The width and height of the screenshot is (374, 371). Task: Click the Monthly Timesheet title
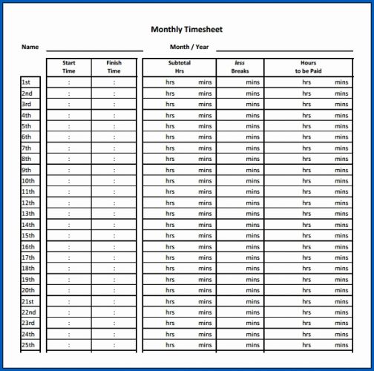186,30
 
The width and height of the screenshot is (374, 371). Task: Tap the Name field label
30,47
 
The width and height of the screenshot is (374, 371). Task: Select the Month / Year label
189,47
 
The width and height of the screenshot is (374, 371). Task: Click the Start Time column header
69,67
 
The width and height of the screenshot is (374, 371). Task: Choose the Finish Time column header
114,67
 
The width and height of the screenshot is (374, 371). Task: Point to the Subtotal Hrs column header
179,67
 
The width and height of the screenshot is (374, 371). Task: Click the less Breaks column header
240,67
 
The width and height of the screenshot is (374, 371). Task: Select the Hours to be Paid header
308,67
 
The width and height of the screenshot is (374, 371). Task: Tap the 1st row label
26,82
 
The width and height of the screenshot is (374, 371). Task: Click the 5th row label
26,126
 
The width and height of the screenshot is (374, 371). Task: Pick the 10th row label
27,181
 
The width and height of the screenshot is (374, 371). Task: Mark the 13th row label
27,214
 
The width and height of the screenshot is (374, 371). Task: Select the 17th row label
27,257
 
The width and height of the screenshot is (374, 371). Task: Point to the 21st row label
27,301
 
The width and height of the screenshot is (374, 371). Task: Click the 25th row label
27,345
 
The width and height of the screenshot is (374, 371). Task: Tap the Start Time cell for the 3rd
69,105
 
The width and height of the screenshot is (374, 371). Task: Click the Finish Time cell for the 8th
114,159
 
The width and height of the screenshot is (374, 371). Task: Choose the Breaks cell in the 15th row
240,236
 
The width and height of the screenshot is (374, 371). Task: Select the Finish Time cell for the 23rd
114,324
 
